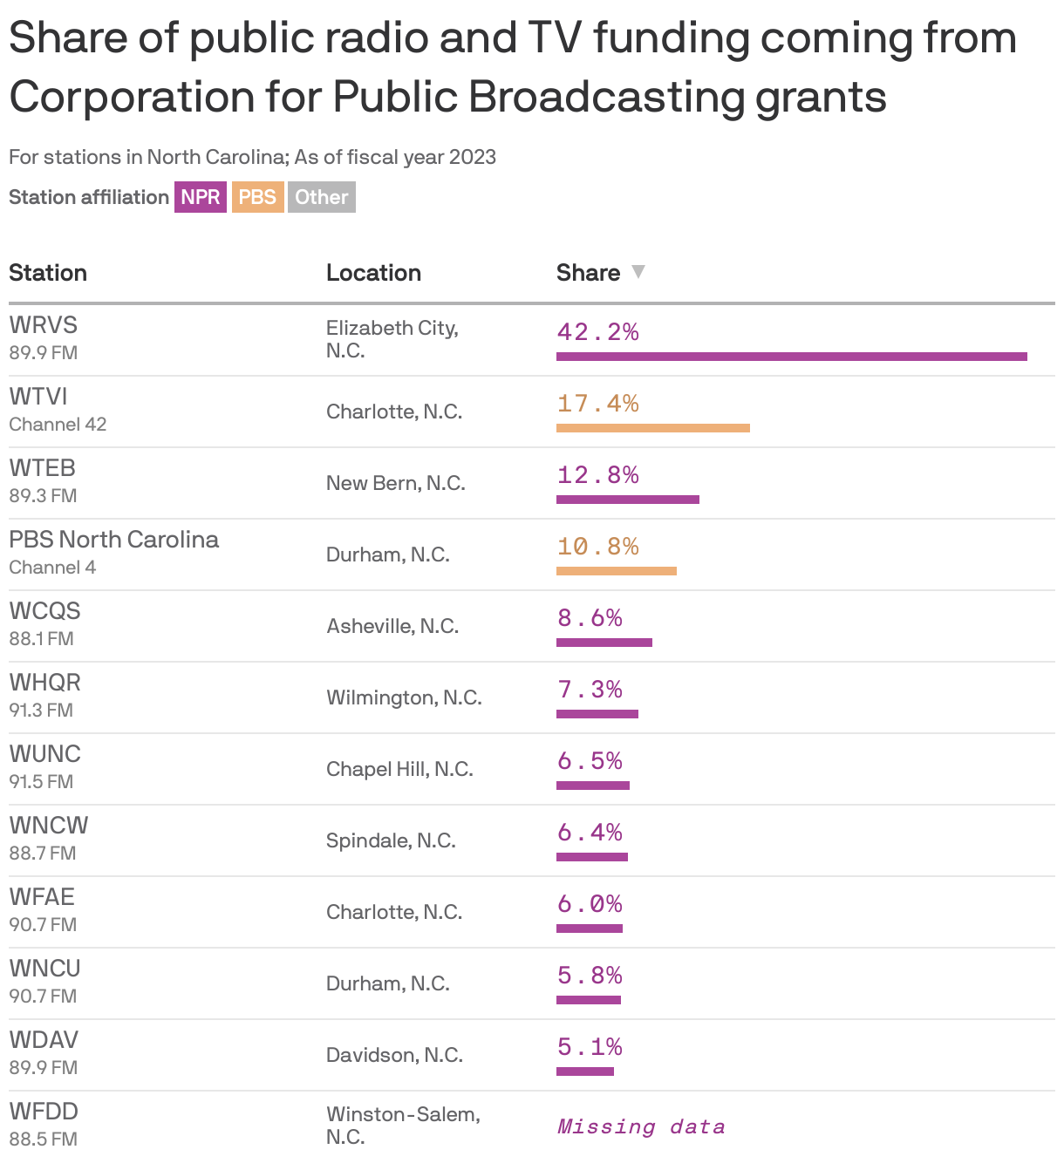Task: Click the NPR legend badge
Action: (x=200, y=197)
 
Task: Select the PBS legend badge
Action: (x=257, y=197)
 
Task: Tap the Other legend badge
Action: (x=321, y=197)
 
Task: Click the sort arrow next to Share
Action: (x=638, y=272)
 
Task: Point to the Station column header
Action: (x=48, y=273)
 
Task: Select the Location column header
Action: (x=373, y=273)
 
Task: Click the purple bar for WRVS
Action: (x=791, y=357)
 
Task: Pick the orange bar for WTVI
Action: (x=652, y=428)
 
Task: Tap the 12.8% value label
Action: (x=598, y=475)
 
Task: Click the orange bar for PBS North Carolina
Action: (x=616, y=571)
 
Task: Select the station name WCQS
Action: (x=44, y=610)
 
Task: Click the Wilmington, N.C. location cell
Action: (x=404, y=697)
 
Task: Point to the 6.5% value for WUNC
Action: (x=590, y=761)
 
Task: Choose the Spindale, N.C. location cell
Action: (x=391, y=840)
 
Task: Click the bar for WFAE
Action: (x=589, y=929)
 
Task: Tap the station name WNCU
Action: (x=44, y=968)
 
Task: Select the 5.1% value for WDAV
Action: (x=590, y=1047)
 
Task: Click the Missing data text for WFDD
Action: (x=641, y=1126)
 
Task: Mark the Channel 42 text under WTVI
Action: (x=58, y=425)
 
